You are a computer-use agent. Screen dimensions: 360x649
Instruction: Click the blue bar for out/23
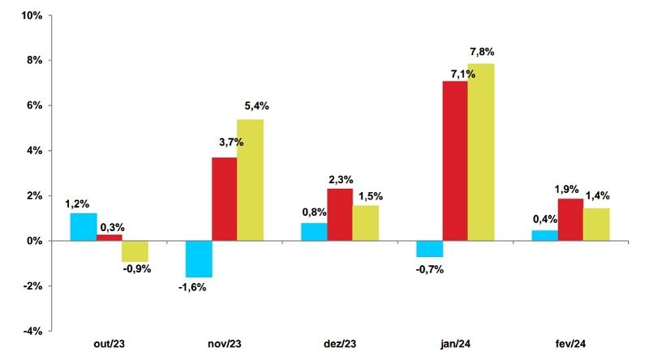[83, 227]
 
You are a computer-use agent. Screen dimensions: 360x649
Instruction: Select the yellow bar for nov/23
[250, 180]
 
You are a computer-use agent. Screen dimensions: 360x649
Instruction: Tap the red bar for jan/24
[455, 161]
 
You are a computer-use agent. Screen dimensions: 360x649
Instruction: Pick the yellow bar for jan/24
[481, 152]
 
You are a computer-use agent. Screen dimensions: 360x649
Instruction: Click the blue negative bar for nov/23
[199, 259]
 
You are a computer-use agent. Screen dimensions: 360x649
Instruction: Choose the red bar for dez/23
[340, 215]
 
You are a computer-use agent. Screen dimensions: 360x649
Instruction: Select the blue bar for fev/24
[544, 236]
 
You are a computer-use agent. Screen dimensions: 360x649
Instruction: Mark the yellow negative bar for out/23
[135, 251]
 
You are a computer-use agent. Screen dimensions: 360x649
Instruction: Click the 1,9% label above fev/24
[569, 189]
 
